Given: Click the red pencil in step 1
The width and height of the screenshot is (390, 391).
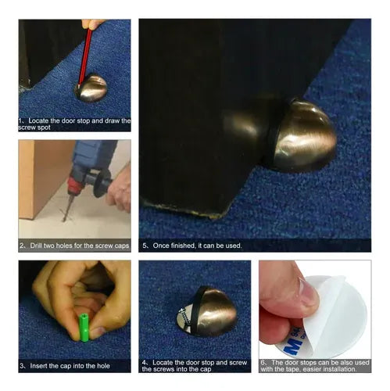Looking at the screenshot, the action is [x=85, y=56].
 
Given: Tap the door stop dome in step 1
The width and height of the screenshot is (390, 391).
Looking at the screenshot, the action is [x=91, y=88].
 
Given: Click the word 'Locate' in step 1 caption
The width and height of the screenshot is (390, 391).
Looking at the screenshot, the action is [x=38, y=120].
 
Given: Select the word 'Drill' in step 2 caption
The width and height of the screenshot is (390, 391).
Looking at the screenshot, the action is [x=36, y=246].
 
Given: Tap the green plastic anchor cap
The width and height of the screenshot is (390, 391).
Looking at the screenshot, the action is [x=84, y=328].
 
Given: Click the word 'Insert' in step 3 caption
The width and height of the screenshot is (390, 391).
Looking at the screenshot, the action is [x=39, y=366].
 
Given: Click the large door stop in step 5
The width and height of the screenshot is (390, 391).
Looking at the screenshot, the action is [x=302, y=135].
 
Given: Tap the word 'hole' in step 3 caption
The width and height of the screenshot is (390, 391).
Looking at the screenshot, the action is [x=103, y=366].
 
